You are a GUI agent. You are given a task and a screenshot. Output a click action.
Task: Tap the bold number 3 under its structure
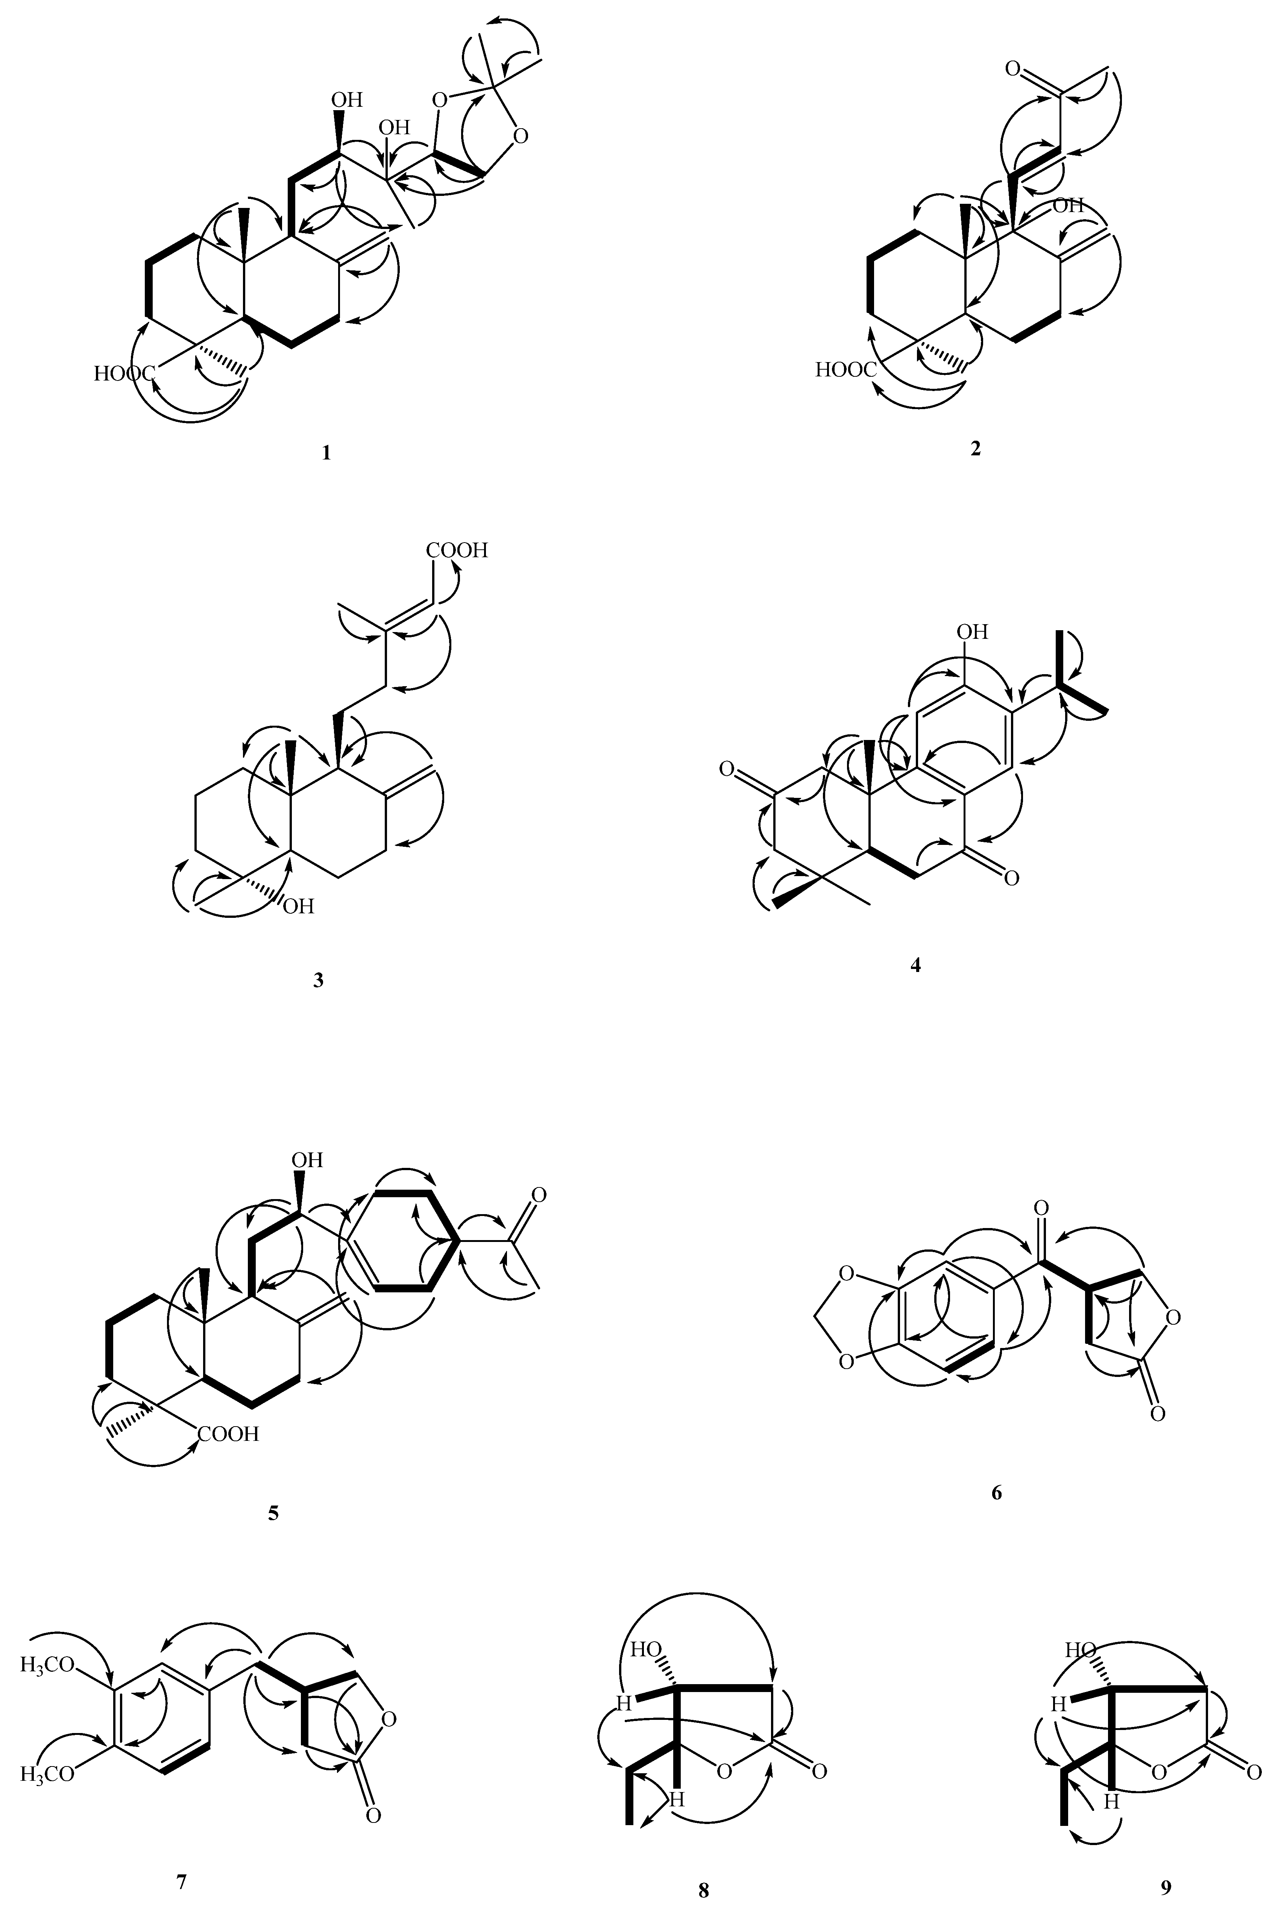pos(318,980)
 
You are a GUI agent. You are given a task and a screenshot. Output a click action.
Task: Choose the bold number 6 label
pos(997,1492)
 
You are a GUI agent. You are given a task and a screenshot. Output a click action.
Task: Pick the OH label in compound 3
pos(297,905)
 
